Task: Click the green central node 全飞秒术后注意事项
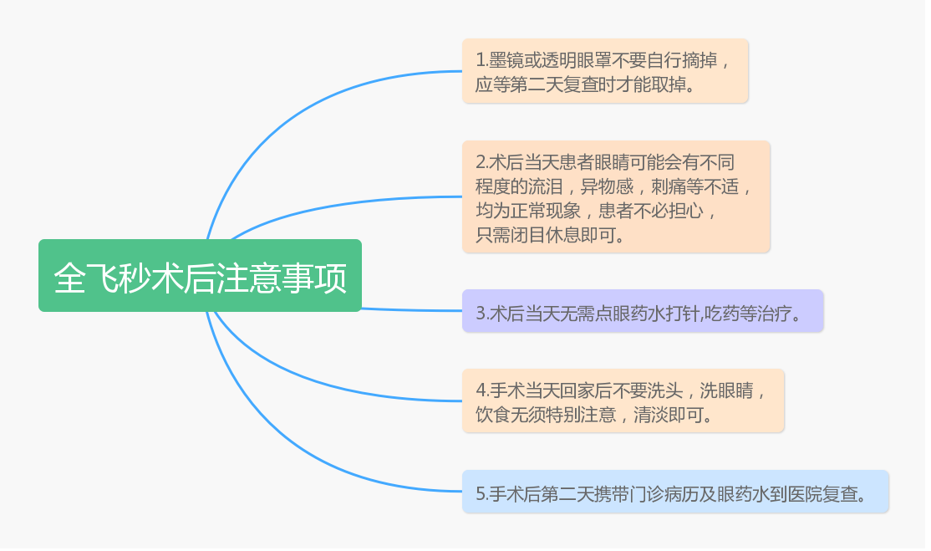click(x=200, y=276)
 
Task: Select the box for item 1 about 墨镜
click(x=605, y=71)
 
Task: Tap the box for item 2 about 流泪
click(x=616, y=197)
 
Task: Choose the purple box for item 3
click(x=643, y=311)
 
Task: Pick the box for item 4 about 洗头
click(x=623, y=400)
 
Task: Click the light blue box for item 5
click(x=676, y=492)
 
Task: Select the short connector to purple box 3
click(x=412, y=310)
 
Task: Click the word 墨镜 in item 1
click(x=506, y=60)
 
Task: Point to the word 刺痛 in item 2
click(x=669, y=186)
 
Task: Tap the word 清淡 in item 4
click(x=651, y=414)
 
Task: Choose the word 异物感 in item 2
click(x=607, y=186)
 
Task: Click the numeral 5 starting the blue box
click(x=481, y=494)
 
